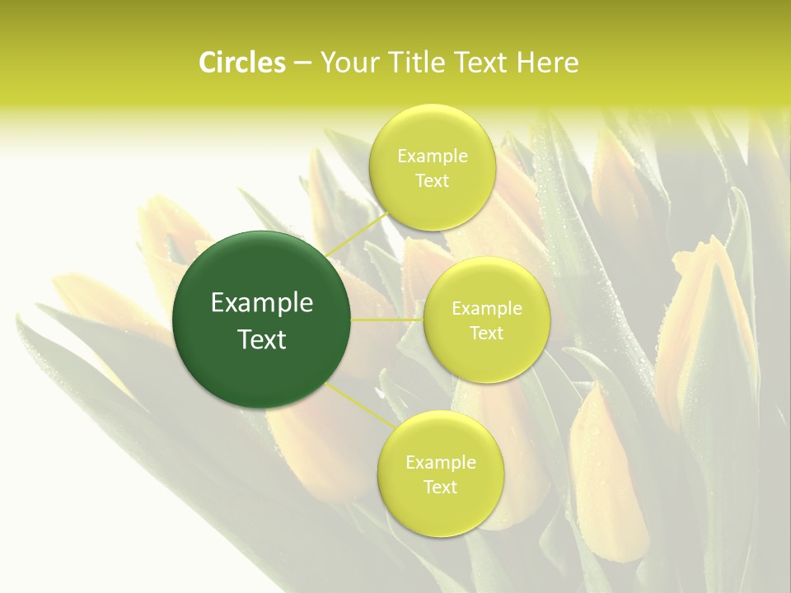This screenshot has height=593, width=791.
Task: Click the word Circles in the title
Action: (x=241, y=63)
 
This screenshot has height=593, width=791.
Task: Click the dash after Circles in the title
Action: (x=302, y=63)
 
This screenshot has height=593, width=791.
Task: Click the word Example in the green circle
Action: (x=262, y=303)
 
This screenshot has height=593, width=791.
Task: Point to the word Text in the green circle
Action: (x=262, y=339)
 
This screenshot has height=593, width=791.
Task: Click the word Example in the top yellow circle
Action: (x=432, y=156)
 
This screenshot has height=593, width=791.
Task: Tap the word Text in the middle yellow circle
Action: (x=486, y=333)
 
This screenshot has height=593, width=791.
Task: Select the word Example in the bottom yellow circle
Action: (x=440, y=462)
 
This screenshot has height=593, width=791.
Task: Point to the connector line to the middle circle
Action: (x=387, y=319)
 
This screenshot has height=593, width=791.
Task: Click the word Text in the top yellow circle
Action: (x=432, y=180)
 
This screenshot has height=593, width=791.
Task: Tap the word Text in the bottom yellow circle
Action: (x=440, y=487)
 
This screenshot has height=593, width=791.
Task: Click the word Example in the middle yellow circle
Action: (x=486, y=308)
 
